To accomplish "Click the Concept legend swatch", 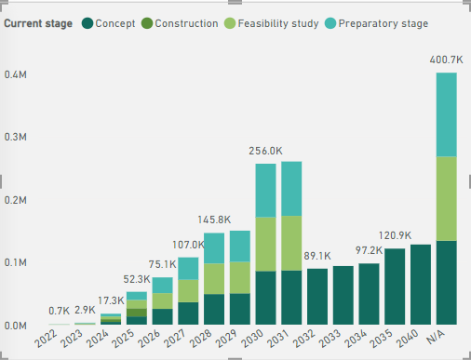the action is pos(87,23).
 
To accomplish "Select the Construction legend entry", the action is pos(180,23).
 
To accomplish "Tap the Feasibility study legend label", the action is pos(278,23).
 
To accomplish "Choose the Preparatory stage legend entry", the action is pos(377,23).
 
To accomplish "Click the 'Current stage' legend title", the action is pos(38,23).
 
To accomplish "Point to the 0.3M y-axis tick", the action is pos(16,137).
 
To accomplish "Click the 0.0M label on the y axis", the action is pos(16,326).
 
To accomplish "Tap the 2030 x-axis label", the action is pos(252,339).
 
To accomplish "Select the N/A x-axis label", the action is pos(436,337).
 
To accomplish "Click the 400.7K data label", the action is pos(446,60).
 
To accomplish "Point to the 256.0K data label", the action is pos(265,151).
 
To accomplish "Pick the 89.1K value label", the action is pos(317,256).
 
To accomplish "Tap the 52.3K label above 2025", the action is pos(137,279).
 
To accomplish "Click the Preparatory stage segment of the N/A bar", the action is pos(447,114).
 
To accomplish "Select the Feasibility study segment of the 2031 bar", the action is pos(291,243).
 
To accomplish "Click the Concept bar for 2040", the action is pos(421,285).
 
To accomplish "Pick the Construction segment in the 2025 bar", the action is pos(137,313).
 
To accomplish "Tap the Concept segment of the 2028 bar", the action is pos(214,310).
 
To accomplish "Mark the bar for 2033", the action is pos(343,295).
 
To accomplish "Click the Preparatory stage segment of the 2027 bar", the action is pos(188,269).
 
